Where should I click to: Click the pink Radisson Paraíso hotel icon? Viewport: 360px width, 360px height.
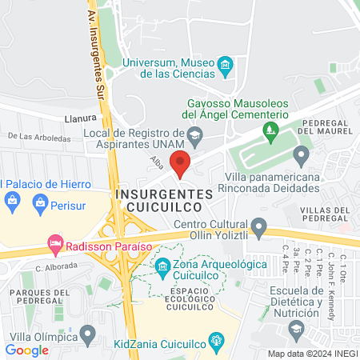[x=55, y=241]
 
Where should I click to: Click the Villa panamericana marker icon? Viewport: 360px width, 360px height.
[x=302, y=154]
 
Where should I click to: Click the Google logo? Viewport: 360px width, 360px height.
[x=27, y=350]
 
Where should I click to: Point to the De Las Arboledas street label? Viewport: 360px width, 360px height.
[x=40, y=137]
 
